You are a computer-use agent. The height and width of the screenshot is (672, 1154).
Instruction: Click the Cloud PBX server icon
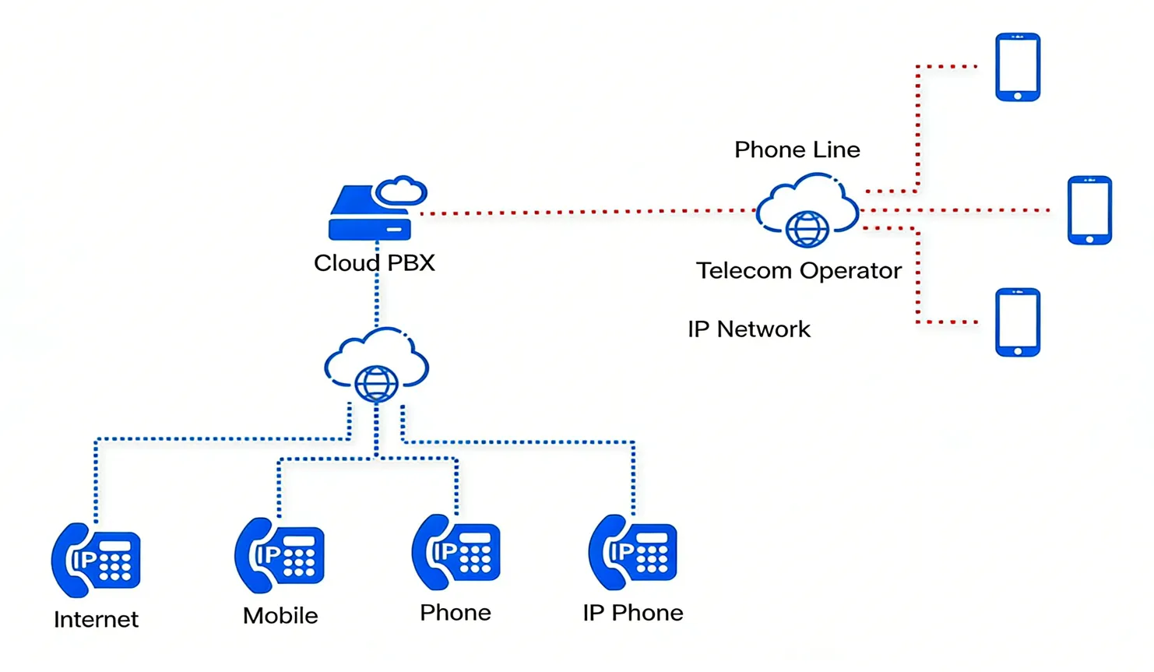(x=371, y=213)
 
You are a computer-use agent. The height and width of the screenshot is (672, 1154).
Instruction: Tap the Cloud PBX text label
(x=374, y=263)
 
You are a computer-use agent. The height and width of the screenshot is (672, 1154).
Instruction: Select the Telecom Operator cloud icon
(x=807, y=209)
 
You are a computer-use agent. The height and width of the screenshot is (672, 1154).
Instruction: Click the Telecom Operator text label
(x=798, y=271)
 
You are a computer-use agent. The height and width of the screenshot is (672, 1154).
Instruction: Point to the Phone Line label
(x=797, y=150)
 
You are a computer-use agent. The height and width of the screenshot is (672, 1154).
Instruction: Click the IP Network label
(x=748, y=329)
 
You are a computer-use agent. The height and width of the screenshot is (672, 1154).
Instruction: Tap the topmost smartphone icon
(x=1017, y=67)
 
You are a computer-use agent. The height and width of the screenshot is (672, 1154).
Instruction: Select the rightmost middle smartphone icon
(x=1089, y=210)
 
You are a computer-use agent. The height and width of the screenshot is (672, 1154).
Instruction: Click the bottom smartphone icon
(x=1017, y=322)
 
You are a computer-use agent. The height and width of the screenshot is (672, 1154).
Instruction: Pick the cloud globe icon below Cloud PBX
(x=376, y=364)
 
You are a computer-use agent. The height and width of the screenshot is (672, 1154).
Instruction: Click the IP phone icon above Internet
(x=96, y=560)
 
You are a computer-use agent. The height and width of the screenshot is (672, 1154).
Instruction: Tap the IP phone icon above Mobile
(x=279, y=555)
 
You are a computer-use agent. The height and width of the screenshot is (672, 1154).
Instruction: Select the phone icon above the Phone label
(x=456, y=552)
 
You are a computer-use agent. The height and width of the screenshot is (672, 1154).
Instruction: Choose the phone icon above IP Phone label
(x=632, y=552)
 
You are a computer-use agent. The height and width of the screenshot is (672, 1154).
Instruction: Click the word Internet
(x=96, y=620)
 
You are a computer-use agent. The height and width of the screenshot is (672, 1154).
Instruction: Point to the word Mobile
(x=280, y=616)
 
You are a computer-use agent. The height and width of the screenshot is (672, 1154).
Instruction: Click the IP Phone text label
(x=632, y=614)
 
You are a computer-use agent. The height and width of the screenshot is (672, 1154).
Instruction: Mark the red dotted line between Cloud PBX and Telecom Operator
(x=584, y=211)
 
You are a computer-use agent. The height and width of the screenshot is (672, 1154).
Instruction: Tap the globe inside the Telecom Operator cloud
(x=807, y=229)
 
